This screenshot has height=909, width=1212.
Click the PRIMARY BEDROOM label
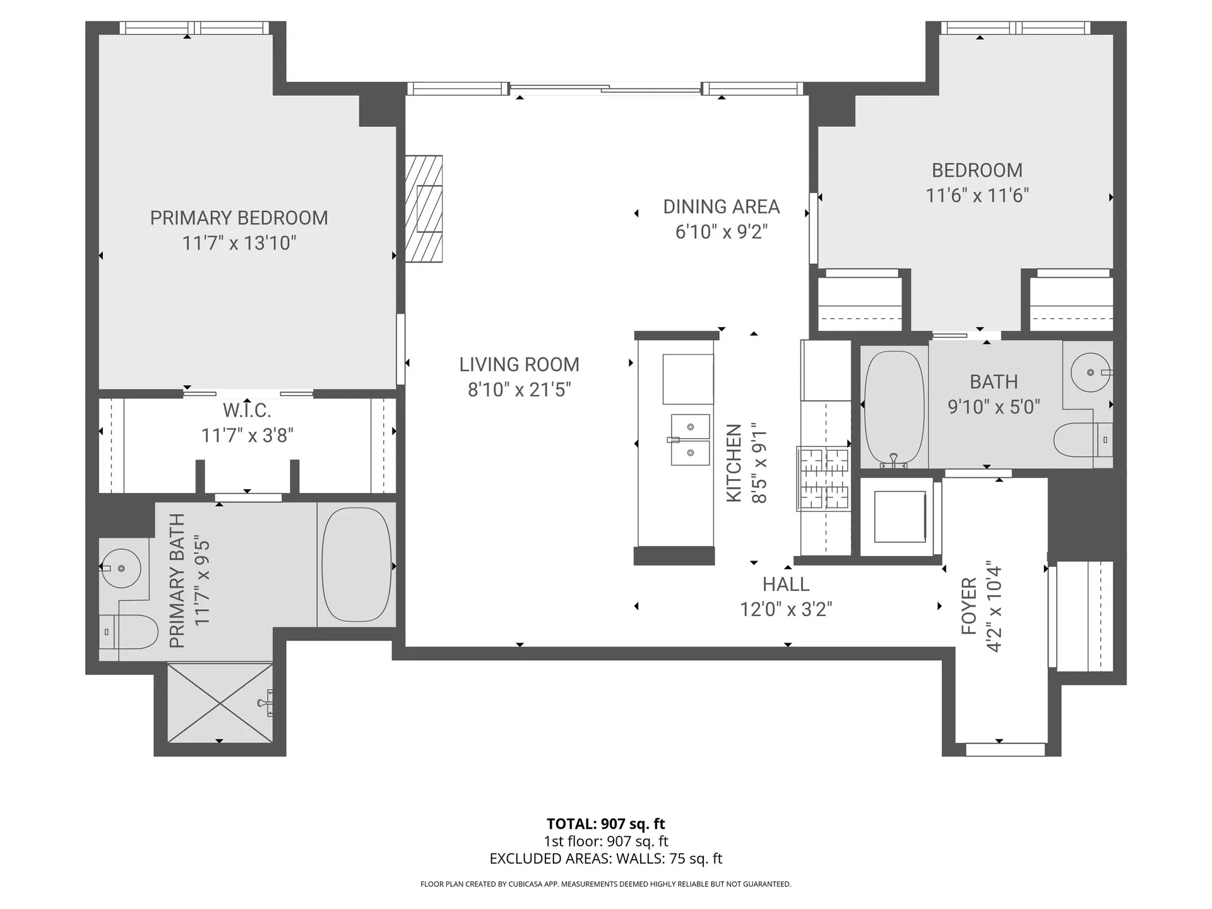[x=239, y=218]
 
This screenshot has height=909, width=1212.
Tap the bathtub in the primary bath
[x=357, y=565]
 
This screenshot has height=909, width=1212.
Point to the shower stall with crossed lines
[x=220, y=702]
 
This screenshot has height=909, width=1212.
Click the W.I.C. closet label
[x=247, y=411]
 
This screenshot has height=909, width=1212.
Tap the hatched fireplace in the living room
[x=424, y=208]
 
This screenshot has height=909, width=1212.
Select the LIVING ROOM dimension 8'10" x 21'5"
[x=519, y=389]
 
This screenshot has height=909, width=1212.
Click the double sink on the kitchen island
[x=690, y=439]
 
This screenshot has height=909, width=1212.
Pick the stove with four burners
[x=824, y=478]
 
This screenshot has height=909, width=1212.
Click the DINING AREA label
[x=721, y=207]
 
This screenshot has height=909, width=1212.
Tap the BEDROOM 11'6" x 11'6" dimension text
[x=977, y=196]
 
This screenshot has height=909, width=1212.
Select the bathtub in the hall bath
[x=893, y=407]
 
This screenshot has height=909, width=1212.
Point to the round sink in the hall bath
[x=1090, y=373]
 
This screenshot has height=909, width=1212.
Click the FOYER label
[x=968, y=606]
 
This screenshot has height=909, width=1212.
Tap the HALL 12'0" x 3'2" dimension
[x=786, y=609]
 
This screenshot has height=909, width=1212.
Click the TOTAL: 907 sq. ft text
[x=605, y=824]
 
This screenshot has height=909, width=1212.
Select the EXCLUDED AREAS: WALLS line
[x=605, y=858]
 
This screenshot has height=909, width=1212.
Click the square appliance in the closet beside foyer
[x=900, y=516]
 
